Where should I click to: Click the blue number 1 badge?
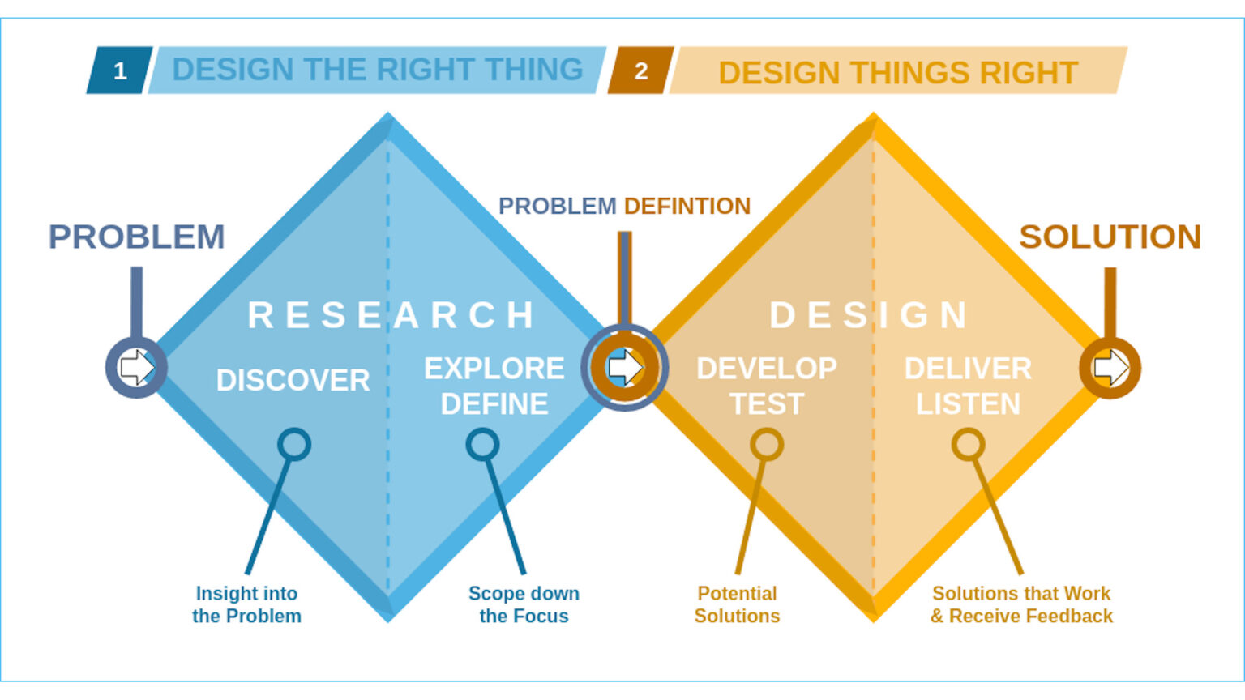(120, 71)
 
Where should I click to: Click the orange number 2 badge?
(640, 71)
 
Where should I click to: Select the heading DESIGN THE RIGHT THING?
(377, 70)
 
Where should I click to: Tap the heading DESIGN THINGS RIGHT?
(897, 73)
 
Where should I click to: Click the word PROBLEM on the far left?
(136, 237)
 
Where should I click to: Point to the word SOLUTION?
(1110, 237)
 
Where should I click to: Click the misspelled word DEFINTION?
(687, 206)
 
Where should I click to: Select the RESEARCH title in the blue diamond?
(391, 314)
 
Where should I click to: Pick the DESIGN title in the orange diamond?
(869, 314)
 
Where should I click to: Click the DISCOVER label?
(293, 380)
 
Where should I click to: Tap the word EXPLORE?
(494, 369)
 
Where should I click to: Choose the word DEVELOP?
(766, 369)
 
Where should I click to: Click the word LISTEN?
(968, 404)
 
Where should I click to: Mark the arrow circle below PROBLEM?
(136, 368)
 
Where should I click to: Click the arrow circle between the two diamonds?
(624, 368)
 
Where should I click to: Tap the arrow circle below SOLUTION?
(1110, 368)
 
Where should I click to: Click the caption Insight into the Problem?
(246, 604)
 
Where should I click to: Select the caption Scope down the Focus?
(524, 604)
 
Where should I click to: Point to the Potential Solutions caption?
(737, 604)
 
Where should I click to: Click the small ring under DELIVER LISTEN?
(968, 444)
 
